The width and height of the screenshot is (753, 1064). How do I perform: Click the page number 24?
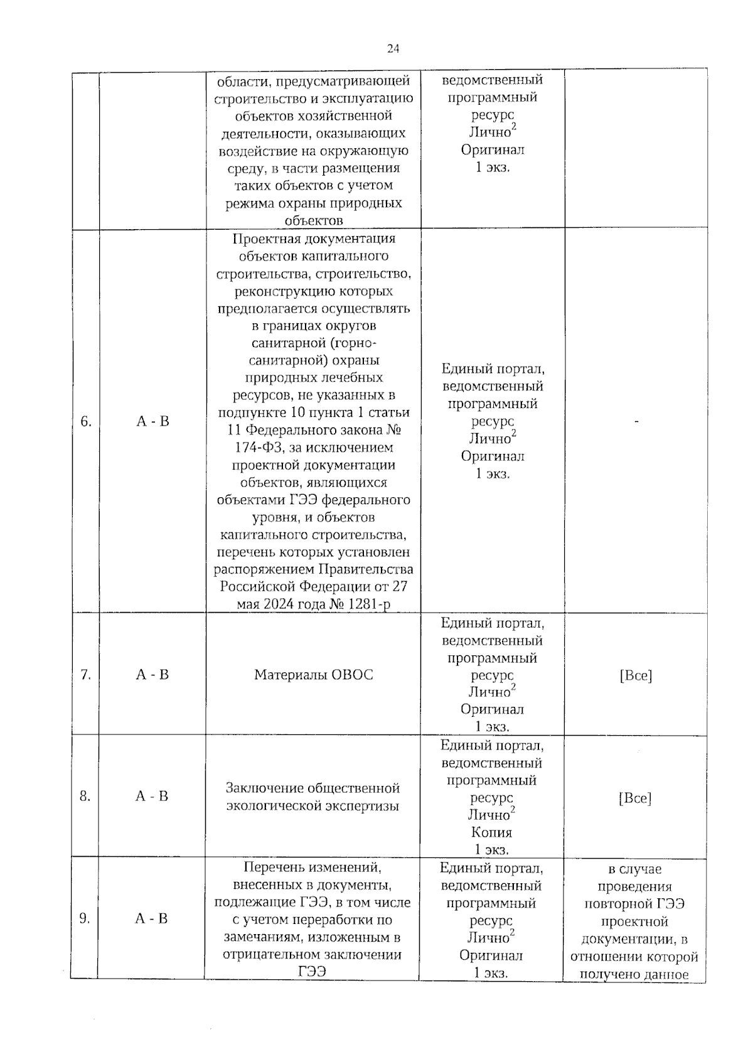(x=393, y=49)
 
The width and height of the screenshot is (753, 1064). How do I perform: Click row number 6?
(x=86, y=421)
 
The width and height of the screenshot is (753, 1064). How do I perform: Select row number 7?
(x=86, y=675)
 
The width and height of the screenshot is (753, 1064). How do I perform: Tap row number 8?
(x=85, y=797)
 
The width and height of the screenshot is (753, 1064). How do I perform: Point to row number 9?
(x=85, y=918)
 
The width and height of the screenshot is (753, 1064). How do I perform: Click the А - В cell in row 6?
(x=152, y=421)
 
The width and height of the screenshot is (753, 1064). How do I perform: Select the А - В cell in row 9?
(x=151, y=918)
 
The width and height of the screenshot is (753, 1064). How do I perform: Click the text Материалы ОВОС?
(x=313, y=675)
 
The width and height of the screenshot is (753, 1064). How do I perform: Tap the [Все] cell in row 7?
(x=636, y=676)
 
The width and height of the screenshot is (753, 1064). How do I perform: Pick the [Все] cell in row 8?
(x=635, y=798)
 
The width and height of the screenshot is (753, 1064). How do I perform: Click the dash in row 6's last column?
(x=636, y=422)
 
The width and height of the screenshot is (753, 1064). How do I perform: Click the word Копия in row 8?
(x=492, y=832)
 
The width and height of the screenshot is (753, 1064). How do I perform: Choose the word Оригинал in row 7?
(x=492, y=709)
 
